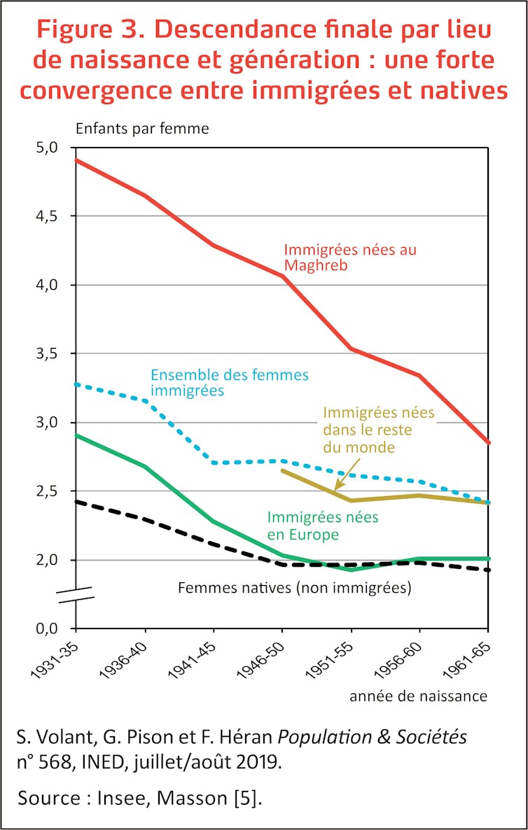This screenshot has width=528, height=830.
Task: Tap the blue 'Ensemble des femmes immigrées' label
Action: pos(230,383)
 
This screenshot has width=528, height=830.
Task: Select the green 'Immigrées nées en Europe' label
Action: pos(322,526)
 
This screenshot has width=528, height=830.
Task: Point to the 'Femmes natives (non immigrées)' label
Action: pos(294,589)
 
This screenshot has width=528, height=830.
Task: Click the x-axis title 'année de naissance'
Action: pos(418,696)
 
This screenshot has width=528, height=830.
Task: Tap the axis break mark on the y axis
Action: pos(76,596)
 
